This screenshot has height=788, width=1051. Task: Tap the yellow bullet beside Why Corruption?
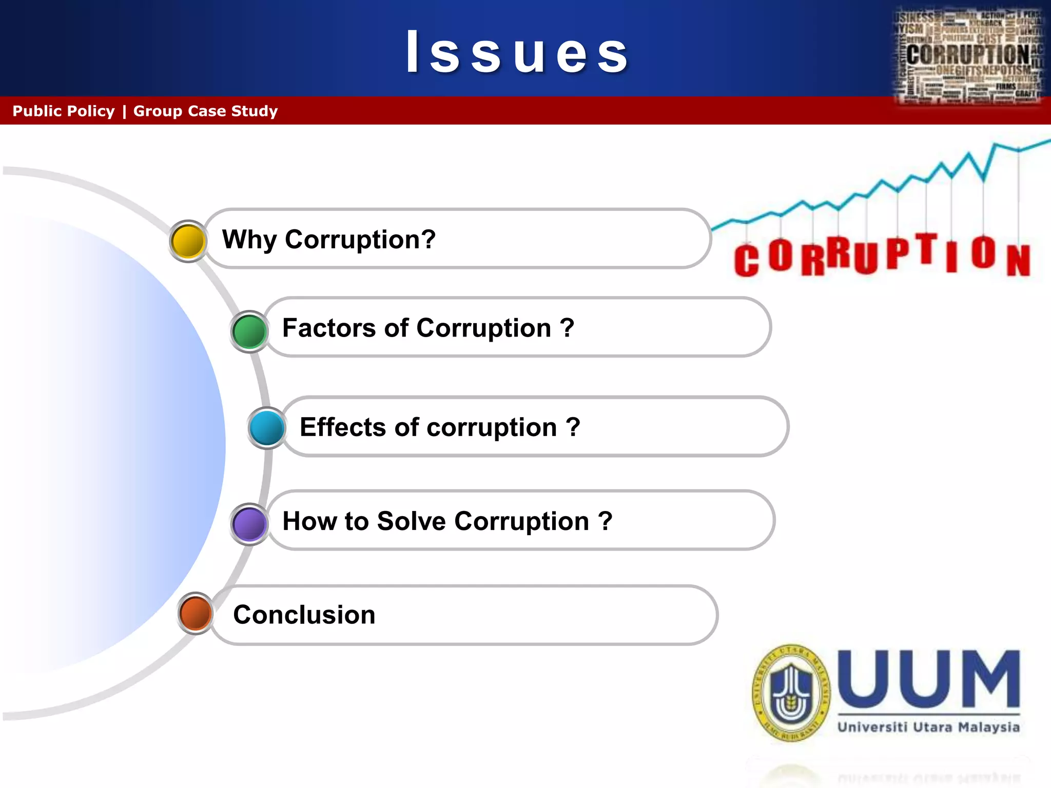pyautogui.click(x=188, y=241)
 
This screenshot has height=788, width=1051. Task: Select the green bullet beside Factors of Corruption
pyautogui.click(x=249, y=331)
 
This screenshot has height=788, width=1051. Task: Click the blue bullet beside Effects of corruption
pyautogui.click(x=267, y=428)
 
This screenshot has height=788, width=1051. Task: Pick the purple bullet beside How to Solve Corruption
pyautogui.click(x=249, y=524)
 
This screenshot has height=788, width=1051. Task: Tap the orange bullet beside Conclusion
pyautogui.click(x=196, y=613)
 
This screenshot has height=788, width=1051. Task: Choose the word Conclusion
pyautogui.click(x=304, y=615)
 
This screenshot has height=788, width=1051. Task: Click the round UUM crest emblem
pyautogui.click(x=791, y=693)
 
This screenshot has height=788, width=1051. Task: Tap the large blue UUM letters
pyautogui.click(x=929, y=680)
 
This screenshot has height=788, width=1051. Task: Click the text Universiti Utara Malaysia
pyautogui.click(x=928, y=727)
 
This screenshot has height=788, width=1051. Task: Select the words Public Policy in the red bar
pyautogui.click(x=64, y=111)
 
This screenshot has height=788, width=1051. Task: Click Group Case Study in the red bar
pyautogui.click(x=205, y=111)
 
